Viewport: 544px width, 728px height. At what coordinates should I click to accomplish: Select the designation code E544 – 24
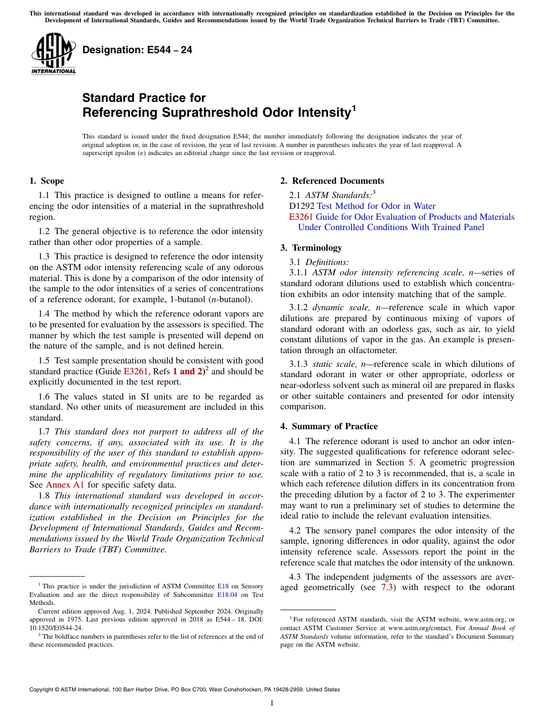137,50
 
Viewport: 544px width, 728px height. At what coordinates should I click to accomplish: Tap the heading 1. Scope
46,181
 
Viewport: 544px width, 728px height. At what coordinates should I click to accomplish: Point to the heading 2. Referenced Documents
332,181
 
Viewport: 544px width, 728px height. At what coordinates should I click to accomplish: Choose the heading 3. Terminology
311,248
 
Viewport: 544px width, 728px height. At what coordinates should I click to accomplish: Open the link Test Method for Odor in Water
376,206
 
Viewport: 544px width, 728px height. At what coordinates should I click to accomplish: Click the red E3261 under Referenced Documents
301,217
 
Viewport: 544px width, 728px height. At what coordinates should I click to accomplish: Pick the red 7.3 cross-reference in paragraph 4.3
387,588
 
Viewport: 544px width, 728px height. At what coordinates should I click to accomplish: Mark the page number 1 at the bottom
272,703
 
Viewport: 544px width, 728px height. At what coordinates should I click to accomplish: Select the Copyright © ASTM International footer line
184,690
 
